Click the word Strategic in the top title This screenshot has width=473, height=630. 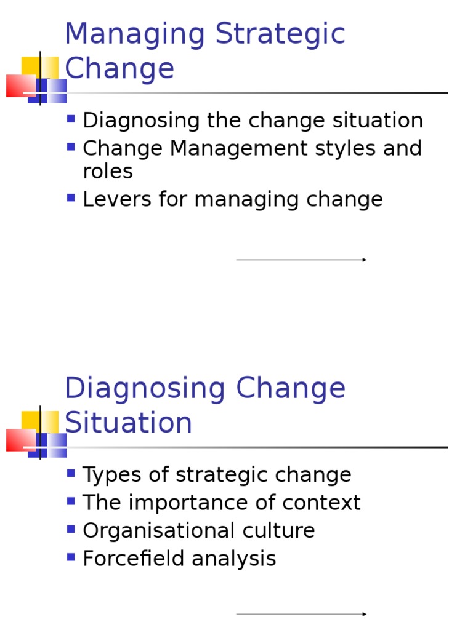280,34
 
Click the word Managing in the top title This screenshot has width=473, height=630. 135,34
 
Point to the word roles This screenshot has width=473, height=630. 108,172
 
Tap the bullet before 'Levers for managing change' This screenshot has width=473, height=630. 71,197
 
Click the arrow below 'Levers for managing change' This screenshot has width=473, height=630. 301,260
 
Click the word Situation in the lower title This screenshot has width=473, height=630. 128,423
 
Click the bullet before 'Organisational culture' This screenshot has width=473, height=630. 71,528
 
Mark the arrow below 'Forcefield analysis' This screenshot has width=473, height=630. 301,614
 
